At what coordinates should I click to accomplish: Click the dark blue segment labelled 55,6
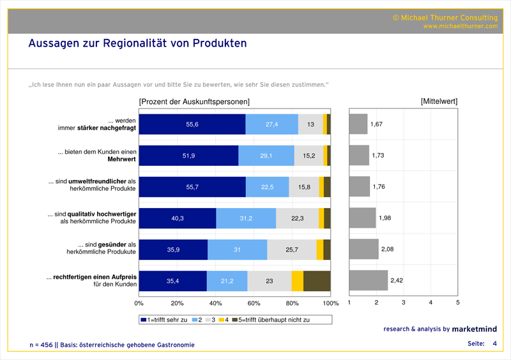[192, 124]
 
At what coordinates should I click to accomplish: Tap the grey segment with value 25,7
[291, 250]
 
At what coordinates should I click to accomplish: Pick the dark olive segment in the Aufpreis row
[317, 281]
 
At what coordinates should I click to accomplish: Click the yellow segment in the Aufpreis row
[298, 281]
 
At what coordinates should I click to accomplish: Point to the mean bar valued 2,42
[369, 281]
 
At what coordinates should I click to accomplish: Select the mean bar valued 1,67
[358, 124]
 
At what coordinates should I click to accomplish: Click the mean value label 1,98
[385, 218]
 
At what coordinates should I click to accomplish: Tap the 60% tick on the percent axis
[254, 303]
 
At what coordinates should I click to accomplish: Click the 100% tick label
[330, 303]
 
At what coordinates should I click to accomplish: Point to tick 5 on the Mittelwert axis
[457, 303]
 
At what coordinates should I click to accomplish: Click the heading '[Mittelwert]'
[439, 101]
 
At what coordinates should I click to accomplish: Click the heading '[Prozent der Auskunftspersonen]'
[194, 101]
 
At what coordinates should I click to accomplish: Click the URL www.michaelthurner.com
[460, 26]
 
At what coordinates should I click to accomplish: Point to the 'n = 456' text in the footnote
[41, 345]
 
